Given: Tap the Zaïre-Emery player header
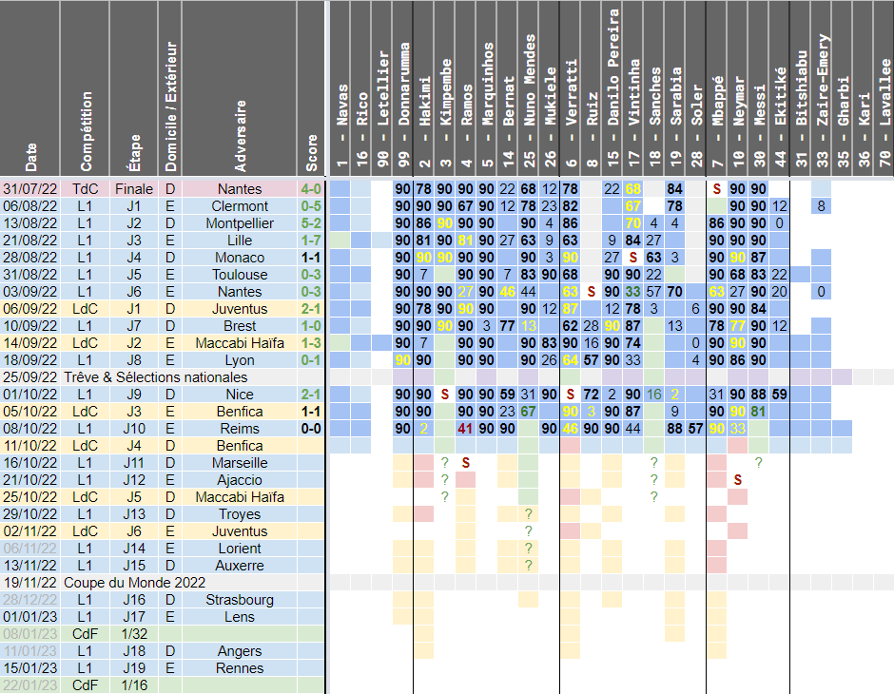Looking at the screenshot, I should (821, 90).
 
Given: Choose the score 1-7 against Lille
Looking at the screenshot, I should (311, 241).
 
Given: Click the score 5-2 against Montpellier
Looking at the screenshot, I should (311, 223).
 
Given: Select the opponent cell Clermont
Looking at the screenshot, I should (240, 206).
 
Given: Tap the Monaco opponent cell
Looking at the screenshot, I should (240, 258).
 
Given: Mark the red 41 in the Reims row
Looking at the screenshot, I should (465, 429).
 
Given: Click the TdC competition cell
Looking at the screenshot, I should (86, 189).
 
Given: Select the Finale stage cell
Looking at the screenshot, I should (133, 189).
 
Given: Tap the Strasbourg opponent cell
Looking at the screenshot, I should (240, 600).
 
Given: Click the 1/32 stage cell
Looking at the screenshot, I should (133, 634).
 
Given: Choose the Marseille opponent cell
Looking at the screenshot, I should (240, 463).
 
